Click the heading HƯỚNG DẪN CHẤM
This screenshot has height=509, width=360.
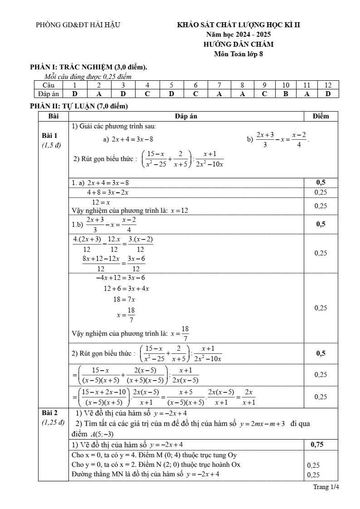coord(238,44)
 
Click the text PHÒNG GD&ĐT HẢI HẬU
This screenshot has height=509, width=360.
coord(78,25)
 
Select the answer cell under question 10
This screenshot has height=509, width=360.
coord(286,94)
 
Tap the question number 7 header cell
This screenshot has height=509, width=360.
coord(219,85)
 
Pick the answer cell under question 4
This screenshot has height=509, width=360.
coord(147,94)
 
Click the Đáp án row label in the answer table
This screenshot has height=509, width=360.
coord(47,94)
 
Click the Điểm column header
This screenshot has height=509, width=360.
coord(321,116)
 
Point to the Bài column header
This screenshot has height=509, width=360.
coord(53,116)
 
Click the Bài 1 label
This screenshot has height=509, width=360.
coord(49,136)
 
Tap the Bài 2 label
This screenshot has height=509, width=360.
coord(49,413)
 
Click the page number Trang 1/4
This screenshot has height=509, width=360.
coord(326,487)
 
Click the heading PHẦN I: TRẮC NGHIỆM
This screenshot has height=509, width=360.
coord(88,67)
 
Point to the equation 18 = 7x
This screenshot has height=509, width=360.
coord(124,299)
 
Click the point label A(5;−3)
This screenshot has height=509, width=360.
coord(101,434)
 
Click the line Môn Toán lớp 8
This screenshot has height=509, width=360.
coord(238,54)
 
